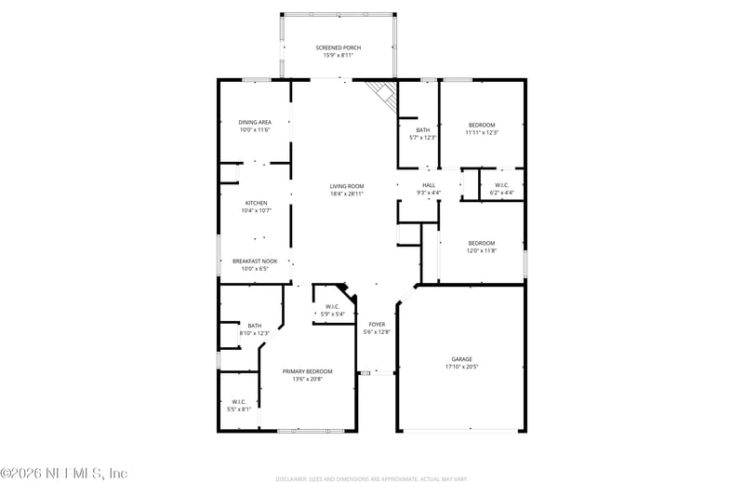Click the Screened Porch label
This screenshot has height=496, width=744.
click(x=338, y=47)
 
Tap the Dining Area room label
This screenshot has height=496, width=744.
click(x=255, y=122)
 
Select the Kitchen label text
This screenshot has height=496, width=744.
click(x=257, y=203)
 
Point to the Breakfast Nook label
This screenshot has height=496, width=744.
click(x=255, y=261)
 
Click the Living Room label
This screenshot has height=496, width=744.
click(x=346, y=186)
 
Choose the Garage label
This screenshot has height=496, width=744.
click(x=462, y=358)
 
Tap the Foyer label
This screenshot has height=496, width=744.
click(x=376, y=324)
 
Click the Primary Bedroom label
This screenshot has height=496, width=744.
click(x=307, y=371)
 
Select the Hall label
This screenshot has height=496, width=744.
click(x=429, y=184)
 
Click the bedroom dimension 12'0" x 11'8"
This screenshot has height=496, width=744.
click(x=481, y=250)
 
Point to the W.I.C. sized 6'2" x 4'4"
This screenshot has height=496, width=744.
click(x=501, y=193)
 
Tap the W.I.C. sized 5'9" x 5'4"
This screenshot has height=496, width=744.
click(x=332, y=314)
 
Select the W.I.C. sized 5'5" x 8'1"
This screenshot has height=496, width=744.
click(x=239, y=409)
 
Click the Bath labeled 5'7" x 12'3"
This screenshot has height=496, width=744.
click(x=423, y=138)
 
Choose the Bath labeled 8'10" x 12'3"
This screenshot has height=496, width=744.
click(x=255, y=333)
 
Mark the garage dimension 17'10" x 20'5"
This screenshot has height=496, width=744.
click(x=462, y=367)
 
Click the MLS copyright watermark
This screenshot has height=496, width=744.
click(x=63, y=474)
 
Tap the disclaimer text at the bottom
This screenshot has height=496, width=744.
click(x=371, y=479)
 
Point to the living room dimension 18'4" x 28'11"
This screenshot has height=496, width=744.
click(x=346, y=194)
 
